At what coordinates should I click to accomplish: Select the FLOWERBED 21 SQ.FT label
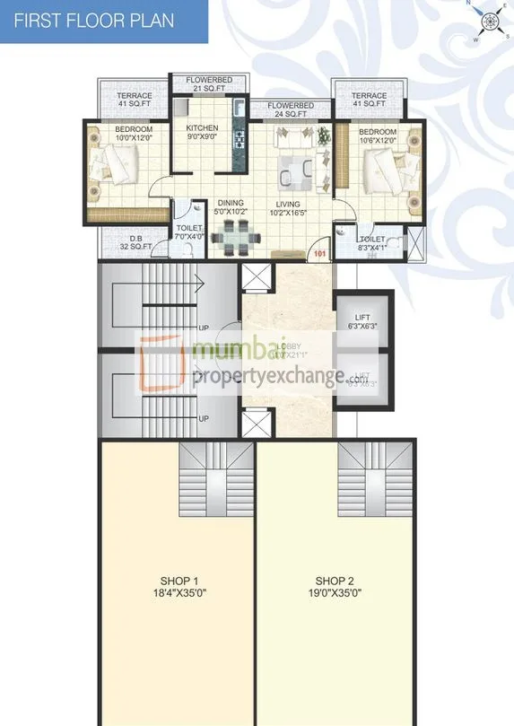[209, 84]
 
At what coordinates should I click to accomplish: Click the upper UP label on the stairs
[204, 327]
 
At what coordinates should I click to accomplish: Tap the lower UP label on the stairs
[204, 418]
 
